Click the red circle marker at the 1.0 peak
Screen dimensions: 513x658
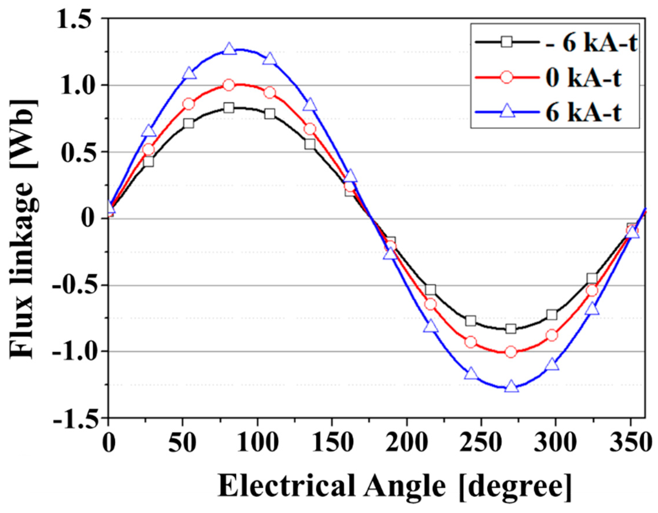229,85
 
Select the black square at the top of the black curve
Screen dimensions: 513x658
229,108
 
